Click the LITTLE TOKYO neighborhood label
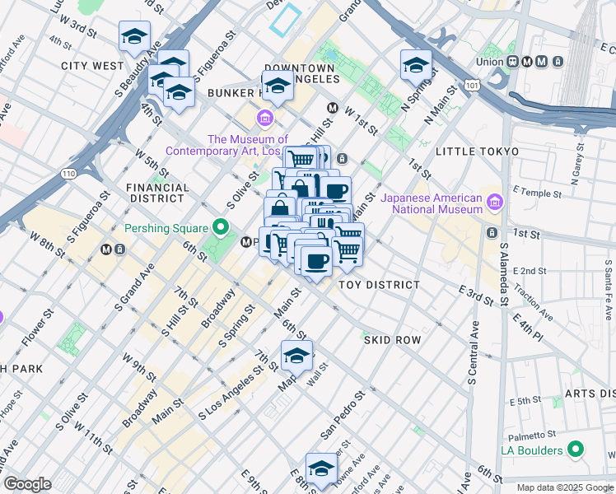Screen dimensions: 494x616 [x=477, y=151]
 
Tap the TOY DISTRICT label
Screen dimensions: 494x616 [x=380, y=285]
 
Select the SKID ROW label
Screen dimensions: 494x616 [x=392, y=339]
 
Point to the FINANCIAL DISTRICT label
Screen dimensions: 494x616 [x=156, y=193]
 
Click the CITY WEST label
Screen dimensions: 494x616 [x=91, y=65]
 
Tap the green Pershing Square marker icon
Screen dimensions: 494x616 [x=220, y=226]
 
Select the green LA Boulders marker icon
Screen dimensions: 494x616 [x=576, y=450]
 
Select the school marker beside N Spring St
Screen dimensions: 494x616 [x=416, y=65]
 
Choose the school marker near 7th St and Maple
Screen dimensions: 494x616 [x=296, y=356]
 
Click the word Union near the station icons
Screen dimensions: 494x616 [x=491, y=62]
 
